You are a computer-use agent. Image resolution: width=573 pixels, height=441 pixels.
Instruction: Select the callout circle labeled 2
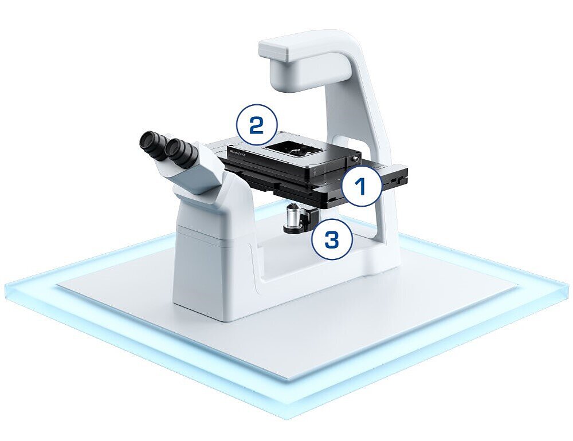click(x=256, y=125)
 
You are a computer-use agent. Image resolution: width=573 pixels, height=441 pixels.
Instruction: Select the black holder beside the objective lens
click(x=312, y=217)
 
